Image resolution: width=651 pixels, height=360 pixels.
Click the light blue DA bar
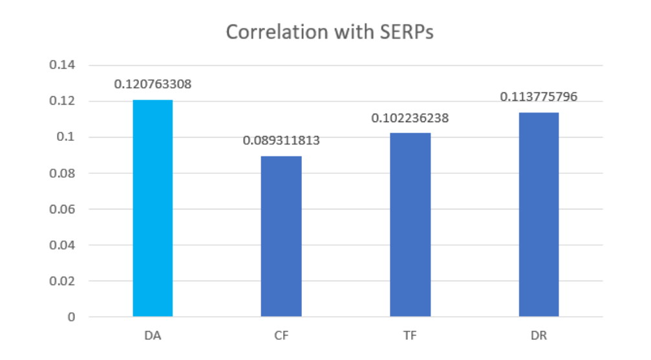[x=153, y=208]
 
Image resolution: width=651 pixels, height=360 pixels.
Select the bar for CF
[x=281, y=236]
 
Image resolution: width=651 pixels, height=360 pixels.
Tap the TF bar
[x=411, y=224]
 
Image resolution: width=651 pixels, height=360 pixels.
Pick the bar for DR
[x=539, y=214]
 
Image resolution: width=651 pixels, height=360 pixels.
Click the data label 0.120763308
[x=153, y=85]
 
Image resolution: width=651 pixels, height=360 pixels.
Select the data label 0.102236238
[x=410, y=118]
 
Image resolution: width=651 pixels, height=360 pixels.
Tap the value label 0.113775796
[x=539, y=97]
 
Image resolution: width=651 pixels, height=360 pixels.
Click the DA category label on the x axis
[x=153, y=337]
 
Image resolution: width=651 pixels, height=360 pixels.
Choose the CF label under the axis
[x=281, y=337]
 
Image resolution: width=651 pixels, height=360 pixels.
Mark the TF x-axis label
[x=411, y=337]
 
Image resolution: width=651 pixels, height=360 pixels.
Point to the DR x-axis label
[x=539, y=337]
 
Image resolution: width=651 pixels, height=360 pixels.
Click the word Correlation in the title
[x=268, y=33]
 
